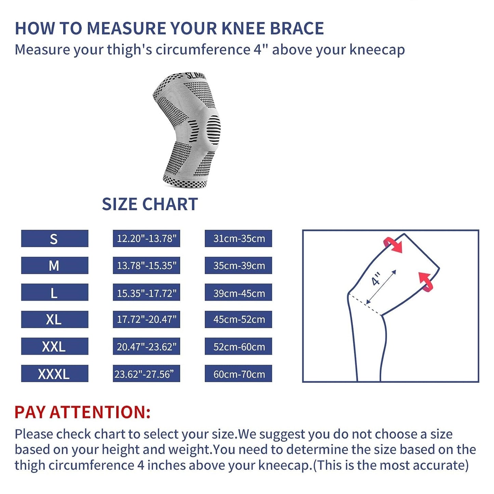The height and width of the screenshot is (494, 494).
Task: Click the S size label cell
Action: [x=55, y=238]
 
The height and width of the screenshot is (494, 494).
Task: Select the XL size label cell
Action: [x=55, y=319]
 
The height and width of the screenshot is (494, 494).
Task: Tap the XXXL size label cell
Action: [x=55, y=374]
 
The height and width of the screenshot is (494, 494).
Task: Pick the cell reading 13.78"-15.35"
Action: [x=146, y=265]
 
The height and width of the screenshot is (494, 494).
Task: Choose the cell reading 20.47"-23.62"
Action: [x=146, y=346]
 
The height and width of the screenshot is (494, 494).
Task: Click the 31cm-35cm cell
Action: [x=238, y=238]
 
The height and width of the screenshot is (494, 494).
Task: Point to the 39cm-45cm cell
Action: [x=238, y=292]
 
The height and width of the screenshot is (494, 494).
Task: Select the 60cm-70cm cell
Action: [x=238, y=374]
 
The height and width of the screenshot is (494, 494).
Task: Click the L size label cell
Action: [x=55, y=292]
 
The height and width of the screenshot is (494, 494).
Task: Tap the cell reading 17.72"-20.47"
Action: [x=146, y=319]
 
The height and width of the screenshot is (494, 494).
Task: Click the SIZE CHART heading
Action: [x=150, y=204]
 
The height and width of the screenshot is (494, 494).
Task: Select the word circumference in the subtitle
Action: [x=203, y=50]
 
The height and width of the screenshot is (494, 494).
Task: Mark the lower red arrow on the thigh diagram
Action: [x=426, y=282]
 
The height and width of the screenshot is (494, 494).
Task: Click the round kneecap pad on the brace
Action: [x=213, y=130]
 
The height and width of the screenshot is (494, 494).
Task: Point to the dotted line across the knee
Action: [x=364, y=304]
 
